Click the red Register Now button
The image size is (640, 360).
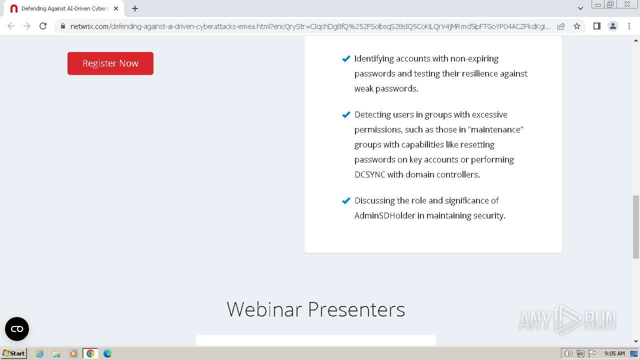[110, 63]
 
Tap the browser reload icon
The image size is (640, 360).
[43, 26]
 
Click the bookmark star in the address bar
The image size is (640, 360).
[577, 26]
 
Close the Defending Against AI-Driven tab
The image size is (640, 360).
[116, 8]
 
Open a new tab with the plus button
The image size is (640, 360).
[135, 8]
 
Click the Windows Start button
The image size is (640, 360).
[13, 353]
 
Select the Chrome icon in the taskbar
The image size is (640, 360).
[90, 353]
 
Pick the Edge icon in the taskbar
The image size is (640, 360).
[107, 353]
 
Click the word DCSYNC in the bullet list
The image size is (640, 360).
[369, 174]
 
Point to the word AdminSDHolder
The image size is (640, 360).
[384, 215]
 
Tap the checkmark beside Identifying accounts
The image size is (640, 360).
[346, 58]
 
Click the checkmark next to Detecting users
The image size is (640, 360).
[346, 114]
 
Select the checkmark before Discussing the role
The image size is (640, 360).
[346, 200]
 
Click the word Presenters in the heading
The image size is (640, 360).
[356, 309]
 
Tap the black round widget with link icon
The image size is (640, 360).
[17, 329]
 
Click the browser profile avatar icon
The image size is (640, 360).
[613, 26]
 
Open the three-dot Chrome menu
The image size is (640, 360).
[629, 26]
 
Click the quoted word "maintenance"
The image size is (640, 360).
[495, 129]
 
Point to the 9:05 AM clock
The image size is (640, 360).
[614, 353]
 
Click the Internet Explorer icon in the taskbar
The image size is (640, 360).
[39, 353]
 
